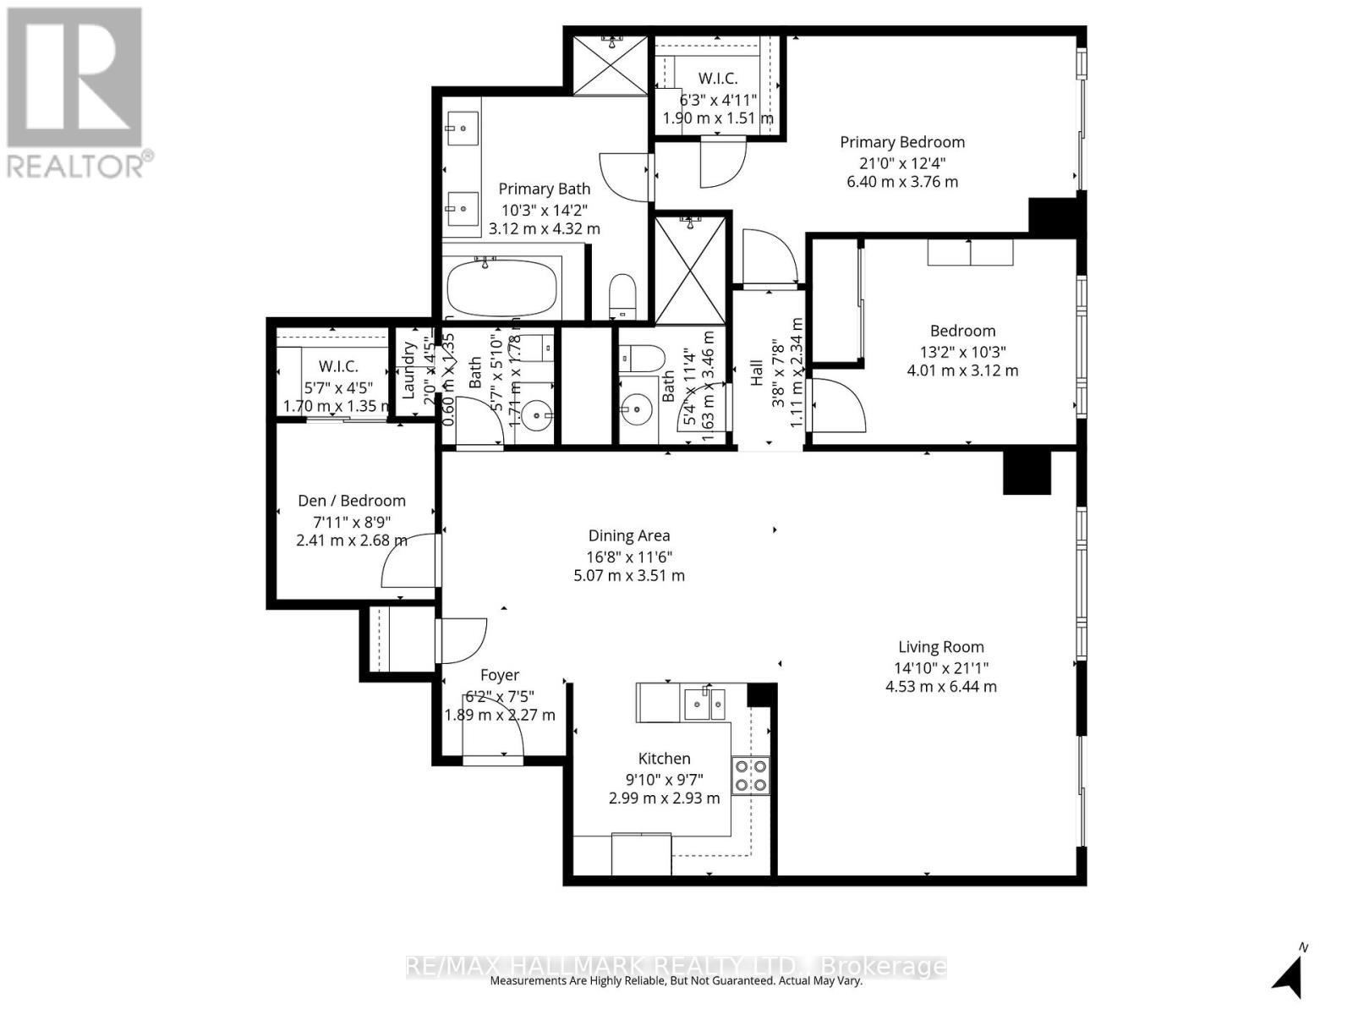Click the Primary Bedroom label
901,142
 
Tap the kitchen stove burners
750,776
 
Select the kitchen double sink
704,703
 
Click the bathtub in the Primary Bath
502,288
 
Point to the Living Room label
940,647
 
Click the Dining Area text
629,535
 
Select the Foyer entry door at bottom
494,744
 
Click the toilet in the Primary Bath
622,294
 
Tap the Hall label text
757,372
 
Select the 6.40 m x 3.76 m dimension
901,182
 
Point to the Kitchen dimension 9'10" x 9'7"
664,779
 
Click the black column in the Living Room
1026,473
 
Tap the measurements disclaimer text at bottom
676,981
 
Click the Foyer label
499,675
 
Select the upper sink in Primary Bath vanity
462,129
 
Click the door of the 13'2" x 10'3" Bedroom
836,407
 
